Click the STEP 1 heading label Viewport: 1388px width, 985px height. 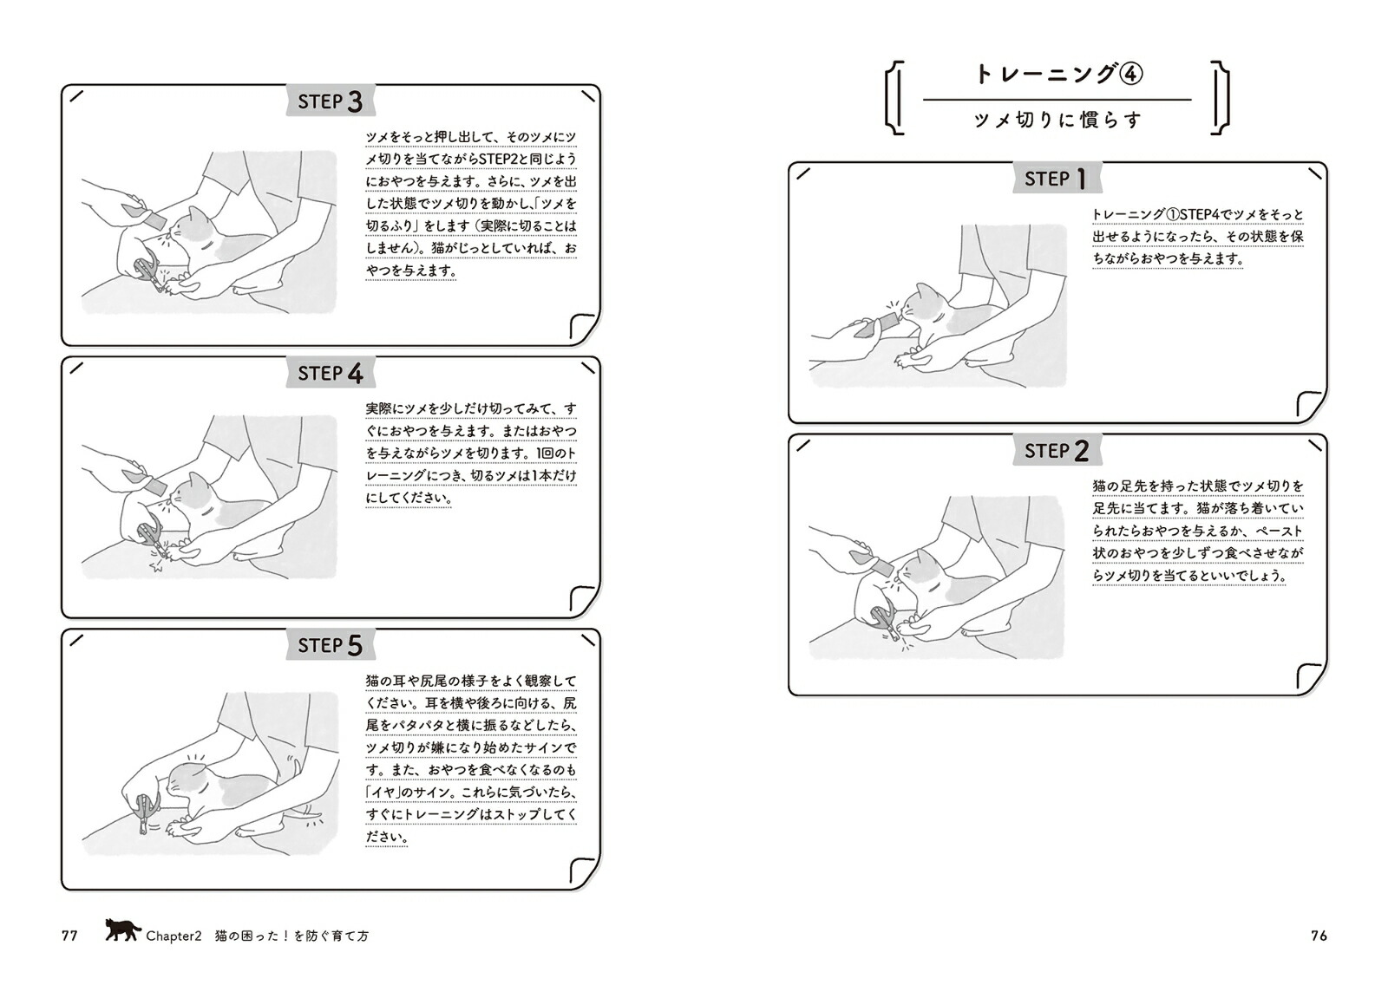click(1057, 179)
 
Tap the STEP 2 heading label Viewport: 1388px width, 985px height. click(1057, 450)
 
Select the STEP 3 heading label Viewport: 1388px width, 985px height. click(331, 101)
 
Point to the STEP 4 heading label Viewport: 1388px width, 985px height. click(331, 373)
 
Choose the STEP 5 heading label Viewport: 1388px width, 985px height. click(331, 645)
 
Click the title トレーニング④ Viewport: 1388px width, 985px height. click(1058, 75)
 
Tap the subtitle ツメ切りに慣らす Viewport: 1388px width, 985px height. click(1057, 120)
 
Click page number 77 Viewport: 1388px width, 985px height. click(69, 936)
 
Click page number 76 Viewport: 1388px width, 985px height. click(1319, 936)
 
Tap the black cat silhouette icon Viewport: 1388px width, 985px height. click(122, 930)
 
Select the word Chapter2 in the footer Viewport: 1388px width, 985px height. click(173, 936)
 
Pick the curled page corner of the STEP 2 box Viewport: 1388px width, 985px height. click(1312, 677)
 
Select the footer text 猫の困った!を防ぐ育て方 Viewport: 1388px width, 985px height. click(291, 936)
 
